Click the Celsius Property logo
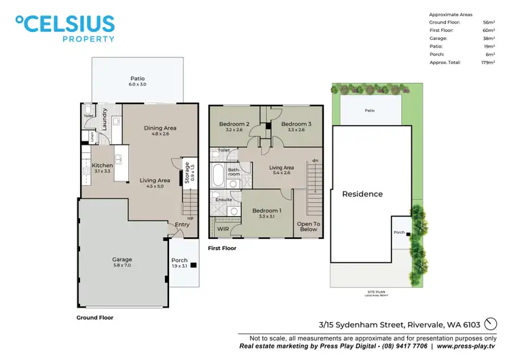(66, 29)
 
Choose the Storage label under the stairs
(187, 170)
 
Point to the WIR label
(223, 229)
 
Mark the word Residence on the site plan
(362, 194)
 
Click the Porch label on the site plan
(398, 232)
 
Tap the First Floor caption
(223, 249)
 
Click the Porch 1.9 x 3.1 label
(179, 264)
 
